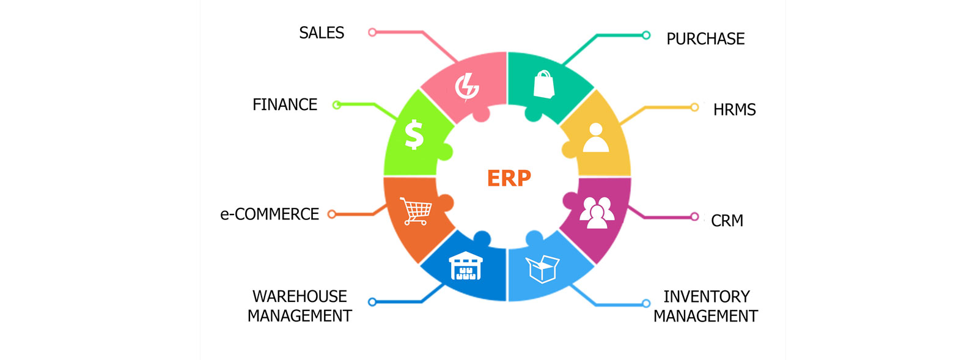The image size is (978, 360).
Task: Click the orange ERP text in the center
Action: [509, 178]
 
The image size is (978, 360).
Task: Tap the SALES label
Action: [322, 33]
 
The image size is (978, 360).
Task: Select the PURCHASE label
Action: [705, 39]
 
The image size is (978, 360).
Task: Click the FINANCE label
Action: [285, 105]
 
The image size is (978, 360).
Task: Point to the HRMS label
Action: [734, 110]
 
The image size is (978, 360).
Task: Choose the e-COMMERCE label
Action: [270, 215]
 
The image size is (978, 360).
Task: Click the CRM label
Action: [727, 221]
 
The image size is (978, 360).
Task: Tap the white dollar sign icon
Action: [414, 134]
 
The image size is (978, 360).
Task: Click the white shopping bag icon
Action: [543, 84]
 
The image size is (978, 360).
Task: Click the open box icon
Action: [542, 268]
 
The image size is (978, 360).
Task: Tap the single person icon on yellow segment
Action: [596, 138]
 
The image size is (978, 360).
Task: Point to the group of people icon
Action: [597, 212]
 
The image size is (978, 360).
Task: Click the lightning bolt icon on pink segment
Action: [467, 87]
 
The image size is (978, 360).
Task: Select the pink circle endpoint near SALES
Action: [372, 32]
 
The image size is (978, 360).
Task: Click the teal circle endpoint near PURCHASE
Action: [646, 35]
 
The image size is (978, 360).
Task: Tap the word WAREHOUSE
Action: [300, 296]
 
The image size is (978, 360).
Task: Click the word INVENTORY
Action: [706, 296]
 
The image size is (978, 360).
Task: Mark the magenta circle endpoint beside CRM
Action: [694, 216]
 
